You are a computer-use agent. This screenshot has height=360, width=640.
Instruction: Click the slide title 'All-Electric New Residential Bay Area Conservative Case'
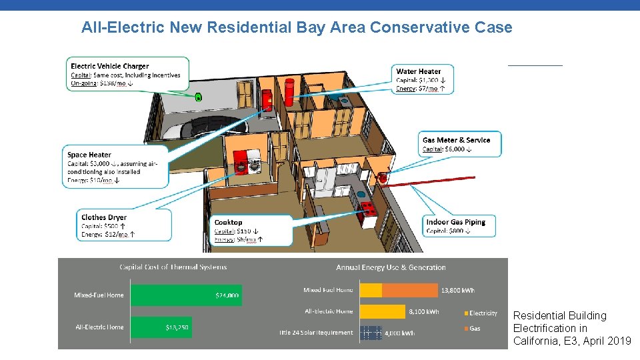pos(297,27)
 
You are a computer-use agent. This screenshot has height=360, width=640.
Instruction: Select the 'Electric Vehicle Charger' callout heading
pos(110,66)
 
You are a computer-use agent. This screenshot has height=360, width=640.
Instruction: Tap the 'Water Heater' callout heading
pos(419,71)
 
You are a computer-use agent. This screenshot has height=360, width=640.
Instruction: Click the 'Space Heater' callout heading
pos(89,155)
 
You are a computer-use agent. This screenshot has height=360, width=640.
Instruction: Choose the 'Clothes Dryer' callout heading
pos(103,217)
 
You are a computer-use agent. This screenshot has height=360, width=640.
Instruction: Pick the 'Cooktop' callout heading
pos(228,222)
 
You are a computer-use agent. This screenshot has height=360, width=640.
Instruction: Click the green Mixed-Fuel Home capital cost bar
pos(186,295)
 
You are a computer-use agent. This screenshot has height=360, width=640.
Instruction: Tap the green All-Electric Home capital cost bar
pos(161,327)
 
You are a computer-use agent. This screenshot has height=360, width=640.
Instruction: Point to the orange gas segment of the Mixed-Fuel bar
pos(409,290)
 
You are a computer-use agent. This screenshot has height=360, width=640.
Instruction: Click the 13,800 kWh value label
pos(458,290)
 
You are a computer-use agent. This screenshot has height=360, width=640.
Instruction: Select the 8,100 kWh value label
pos(423,311)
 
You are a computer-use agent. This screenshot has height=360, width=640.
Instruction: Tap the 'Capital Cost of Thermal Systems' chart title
pos(173,267)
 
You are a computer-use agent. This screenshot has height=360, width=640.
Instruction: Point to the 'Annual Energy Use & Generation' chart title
pos(391,267)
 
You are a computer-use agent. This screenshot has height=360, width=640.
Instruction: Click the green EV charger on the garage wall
pos(198,97)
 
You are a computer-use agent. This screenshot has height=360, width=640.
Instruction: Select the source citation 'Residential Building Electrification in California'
pos(571,328)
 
